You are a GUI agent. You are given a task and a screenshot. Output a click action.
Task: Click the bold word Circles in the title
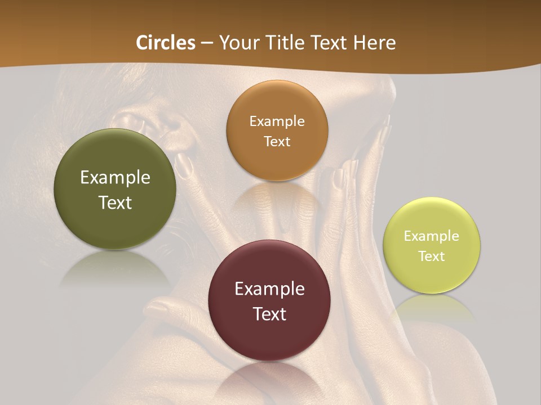click(x=165, y=43)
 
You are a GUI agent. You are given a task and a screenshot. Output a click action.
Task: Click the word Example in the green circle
click(x=115, y=178)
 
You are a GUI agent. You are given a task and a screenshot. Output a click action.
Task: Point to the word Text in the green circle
click(x=115, y=202)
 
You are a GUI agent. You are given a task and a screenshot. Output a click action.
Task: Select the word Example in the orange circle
click(x=277, y=121)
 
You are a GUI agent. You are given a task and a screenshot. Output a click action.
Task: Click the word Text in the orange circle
click(x=277, y=142)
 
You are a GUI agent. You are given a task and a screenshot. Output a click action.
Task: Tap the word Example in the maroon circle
click(x=269, y=289)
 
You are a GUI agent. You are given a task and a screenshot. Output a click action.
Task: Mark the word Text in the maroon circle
click(x=269, y=314)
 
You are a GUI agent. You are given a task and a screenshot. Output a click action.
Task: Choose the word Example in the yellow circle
click(x=432, y=236)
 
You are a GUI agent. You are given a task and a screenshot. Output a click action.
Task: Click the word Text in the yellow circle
click(x=432, y=256)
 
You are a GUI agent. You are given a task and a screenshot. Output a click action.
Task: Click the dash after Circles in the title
click(x=207, y=43)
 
